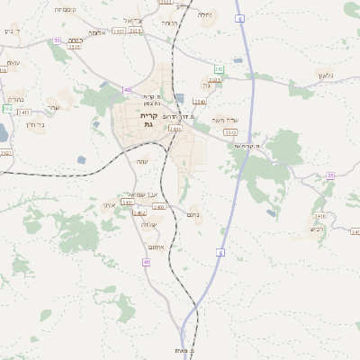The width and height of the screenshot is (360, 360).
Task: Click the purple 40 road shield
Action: (x=127, y=89)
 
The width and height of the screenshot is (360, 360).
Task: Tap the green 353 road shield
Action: (x=219, y=69)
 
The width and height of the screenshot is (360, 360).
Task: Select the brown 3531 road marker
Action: (x=214, y=80)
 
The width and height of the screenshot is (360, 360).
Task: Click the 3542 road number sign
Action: (x=230, y=130)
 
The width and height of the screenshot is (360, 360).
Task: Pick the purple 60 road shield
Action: (x=146, y=261)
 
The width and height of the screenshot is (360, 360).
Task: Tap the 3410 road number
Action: (x=319, y=216)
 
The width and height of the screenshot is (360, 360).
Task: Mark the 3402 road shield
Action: (x=139, y=213)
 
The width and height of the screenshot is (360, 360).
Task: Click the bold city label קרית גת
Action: (x=148, y=120)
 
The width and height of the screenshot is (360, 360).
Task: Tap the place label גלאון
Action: (x=325, y=76)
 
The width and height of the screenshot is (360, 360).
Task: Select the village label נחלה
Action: (x=204, y=14)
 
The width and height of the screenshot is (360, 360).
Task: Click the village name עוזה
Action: (x=141, y=161)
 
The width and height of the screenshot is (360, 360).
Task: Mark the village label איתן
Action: (x=110, y=204)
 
